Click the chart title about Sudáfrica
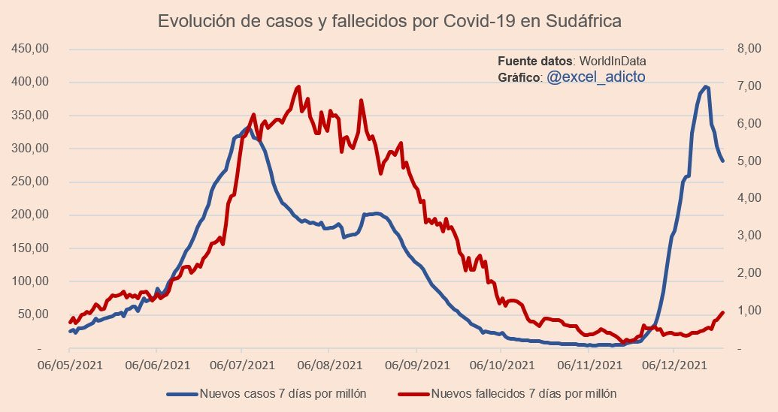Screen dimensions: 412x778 point(389,21)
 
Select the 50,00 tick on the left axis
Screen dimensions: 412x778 point(35,314)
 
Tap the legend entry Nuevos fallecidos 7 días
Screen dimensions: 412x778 point(524,393)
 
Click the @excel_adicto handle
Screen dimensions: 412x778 point(595,77)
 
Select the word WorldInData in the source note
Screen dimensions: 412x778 point(613,61)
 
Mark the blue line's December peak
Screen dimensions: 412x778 point(706,87)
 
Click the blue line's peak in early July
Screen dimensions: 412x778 point(247,129)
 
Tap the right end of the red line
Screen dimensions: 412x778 point(722,312)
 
